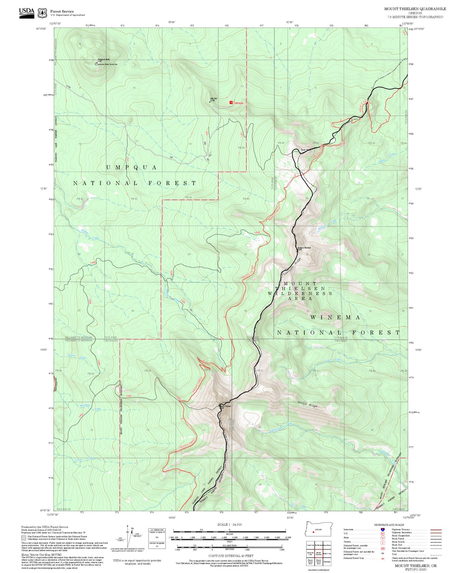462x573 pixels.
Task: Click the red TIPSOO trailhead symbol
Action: click(x=231, y=103)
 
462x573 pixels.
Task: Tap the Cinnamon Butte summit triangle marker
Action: click(x=97, y=63)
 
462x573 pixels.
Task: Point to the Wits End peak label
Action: click(x=214, y=99)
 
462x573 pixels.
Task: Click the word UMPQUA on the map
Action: click(x=131, y=167)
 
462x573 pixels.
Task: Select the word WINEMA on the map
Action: click(x=335, y=317)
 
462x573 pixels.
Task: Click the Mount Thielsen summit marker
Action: click(x=219, y=406)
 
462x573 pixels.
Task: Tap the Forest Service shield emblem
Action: click(x=42, y=13)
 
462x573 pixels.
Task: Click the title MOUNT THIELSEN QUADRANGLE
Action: click(x=415, y=9)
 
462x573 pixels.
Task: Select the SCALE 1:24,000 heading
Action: click(x=230, y=524)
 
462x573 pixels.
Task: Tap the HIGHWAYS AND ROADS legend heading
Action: click(x=389, y=525)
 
